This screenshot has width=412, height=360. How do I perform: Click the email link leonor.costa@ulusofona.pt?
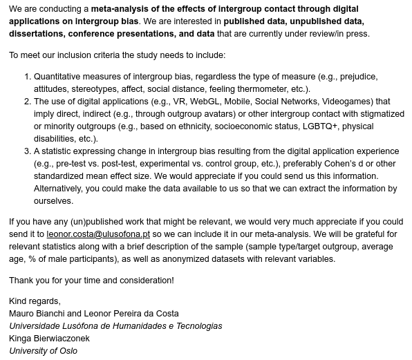98,234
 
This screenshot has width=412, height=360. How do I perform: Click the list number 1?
27,77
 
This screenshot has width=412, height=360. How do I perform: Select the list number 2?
27,102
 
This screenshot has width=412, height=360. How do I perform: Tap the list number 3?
27,151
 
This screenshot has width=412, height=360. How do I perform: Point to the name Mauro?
22,313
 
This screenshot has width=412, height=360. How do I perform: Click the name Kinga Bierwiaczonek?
49,338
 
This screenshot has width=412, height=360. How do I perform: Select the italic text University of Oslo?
43,350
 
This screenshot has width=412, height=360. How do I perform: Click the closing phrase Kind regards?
34,301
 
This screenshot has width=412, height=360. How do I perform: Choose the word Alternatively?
62,189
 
